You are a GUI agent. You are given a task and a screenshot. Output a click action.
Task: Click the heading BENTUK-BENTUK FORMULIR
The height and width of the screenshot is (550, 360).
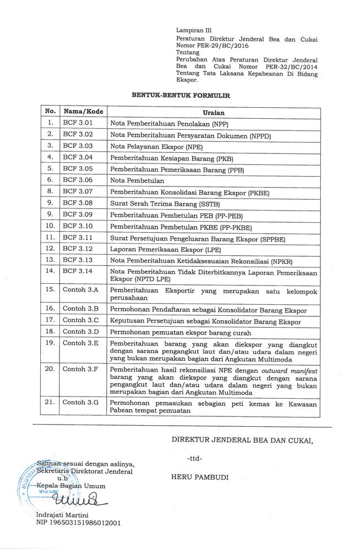point(181,95)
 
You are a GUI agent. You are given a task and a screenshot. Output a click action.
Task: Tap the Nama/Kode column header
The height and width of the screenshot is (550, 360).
point(81,112)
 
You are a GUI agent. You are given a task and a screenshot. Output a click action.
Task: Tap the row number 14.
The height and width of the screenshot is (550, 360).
point(50,271)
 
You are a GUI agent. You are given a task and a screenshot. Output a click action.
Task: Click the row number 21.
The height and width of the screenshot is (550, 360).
point(50,402)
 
